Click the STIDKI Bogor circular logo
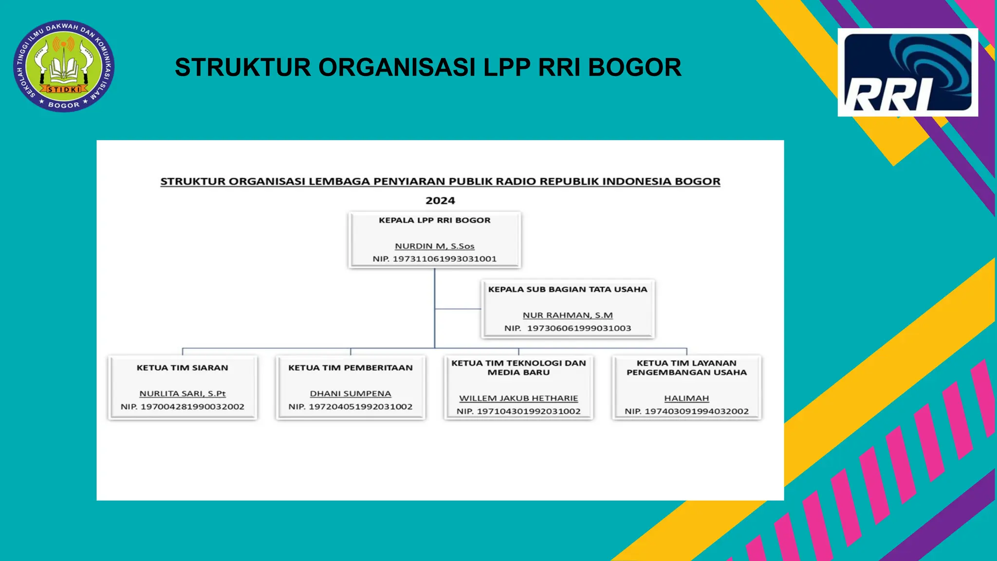click(x=64, y=66)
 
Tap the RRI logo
click(x=907, y=73)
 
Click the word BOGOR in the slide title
click(x=635, y=68)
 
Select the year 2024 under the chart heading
click(x=440, y=201)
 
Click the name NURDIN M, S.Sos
click(x=434, y=246)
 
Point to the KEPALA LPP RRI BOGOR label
click(x=434, y=220)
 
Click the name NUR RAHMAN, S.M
click(x=568, y=316)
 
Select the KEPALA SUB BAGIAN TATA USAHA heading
click(x=568, y=289)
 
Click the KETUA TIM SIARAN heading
click(x=182, y=368)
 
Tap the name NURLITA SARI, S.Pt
click(x=183, y=393)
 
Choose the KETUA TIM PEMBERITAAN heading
click(x=350, y=368)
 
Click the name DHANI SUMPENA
click(x=351, y=393)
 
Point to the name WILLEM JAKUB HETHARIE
click(x=518, y=398)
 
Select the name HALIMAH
click(x=686, y=398)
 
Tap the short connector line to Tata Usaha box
click(x=458, y=309)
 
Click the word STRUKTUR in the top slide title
click(x=242, y=68)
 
